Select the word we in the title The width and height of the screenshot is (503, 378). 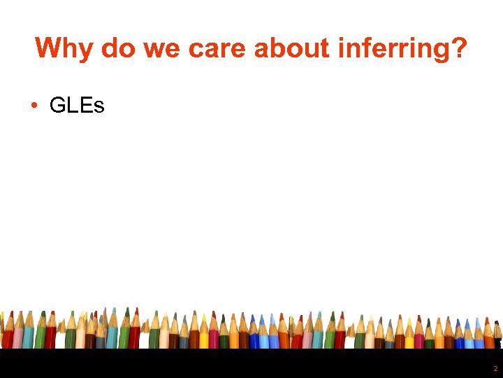160,48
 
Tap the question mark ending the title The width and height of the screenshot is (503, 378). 458,48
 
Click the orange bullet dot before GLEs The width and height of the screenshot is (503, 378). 34,106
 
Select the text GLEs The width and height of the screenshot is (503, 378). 77,106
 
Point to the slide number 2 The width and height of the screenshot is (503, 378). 495,368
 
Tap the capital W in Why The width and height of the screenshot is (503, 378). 50,48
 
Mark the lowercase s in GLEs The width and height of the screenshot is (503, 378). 99,107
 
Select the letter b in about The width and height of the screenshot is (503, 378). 277,48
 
